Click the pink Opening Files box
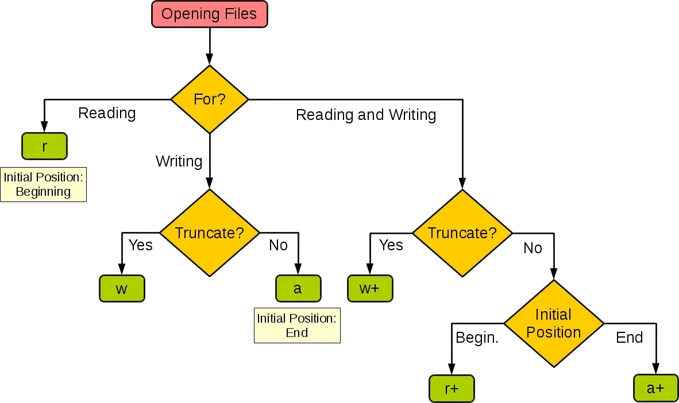[209, 14]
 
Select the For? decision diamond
[209, 99]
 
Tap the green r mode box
[45, 147]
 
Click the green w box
[121, 289]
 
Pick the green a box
[298, 289]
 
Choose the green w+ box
[369, 289]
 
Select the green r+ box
[452, 389]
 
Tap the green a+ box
[655, 389]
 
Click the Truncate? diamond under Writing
[209, 233]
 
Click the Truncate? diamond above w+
[462, 233]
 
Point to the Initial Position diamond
[553, 323]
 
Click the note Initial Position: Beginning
[43, 184]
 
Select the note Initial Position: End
[296, 325]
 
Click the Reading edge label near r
[107, 113]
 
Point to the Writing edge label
[179, 161]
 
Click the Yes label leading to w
[141, 245]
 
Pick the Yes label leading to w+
[391, 245]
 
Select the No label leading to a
[279, 246]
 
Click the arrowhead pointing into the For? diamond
[209, 59]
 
